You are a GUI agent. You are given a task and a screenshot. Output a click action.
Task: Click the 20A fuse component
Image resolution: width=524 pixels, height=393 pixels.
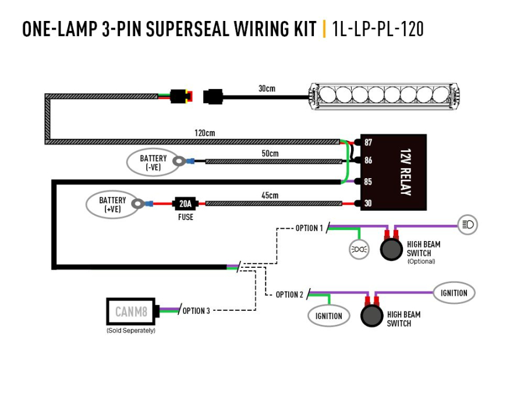pos(185,204)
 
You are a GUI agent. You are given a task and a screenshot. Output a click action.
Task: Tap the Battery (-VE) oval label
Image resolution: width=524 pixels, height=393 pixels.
pos(153,162)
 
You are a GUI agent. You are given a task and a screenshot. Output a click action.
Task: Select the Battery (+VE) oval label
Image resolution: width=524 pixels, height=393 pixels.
pos(112,204)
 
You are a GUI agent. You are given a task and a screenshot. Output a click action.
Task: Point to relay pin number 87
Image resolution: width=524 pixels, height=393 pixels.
pos(368,143)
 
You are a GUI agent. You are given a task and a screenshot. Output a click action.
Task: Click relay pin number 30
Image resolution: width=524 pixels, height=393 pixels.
pos(368,203)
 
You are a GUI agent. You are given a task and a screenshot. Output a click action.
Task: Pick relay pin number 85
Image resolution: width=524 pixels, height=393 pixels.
pos(368,182)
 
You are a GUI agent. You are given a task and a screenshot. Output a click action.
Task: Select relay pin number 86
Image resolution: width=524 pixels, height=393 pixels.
pos(368,160)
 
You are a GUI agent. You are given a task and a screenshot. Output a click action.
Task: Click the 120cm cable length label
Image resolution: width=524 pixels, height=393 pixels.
pos(204,133)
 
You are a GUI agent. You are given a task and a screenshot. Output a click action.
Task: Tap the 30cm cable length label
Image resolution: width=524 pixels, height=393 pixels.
pos(267,88)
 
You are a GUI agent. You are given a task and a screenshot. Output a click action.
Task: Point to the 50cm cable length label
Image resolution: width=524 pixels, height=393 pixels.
pos(270,153)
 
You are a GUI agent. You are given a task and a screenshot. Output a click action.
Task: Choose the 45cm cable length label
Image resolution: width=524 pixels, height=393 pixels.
pos(270,196)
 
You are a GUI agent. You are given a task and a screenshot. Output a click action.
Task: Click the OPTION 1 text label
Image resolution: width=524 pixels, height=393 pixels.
pos(309,228)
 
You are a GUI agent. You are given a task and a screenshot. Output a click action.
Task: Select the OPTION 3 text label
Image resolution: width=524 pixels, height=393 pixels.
pos(196,311)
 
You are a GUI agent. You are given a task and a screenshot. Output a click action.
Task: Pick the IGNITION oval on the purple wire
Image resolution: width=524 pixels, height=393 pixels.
pos(454,293)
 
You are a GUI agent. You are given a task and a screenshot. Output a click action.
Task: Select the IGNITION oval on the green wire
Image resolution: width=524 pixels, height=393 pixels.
pos(329,316)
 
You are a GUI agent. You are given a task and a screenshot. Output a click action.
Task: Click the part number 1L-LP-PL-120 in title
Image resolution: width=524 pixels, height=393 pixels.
pos(378,29)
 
